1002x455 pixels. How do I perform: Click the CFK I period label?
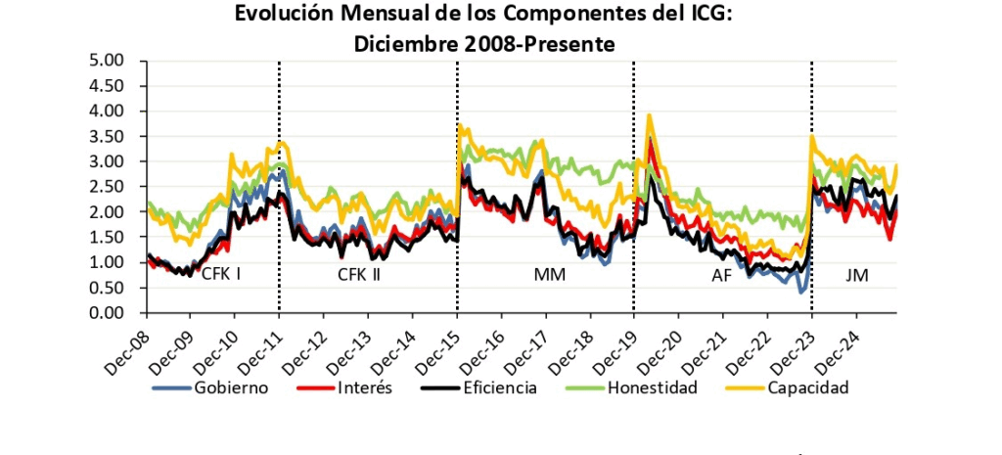[221, 275]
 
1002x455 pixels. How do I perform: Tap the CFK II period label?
[359, 275]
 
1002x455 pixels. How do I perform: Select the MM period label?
[549, 275]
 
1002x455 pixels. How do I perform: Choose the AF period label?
[721, 275]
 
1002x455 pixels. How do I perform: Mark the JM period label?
[857, 275]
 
